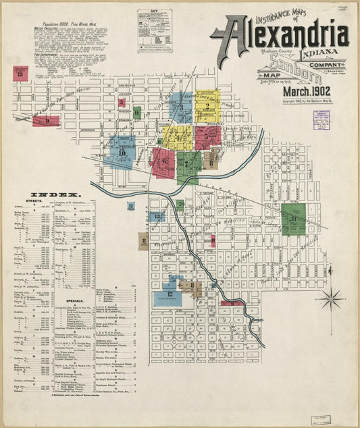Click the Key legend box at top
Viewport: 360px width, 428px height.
155,30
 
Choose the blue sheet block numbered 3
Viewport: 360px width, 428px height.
181,107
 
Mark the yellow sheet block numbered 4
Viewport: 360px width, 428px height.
178,137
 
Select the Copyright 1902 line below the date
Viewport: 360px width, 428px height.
309,101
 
